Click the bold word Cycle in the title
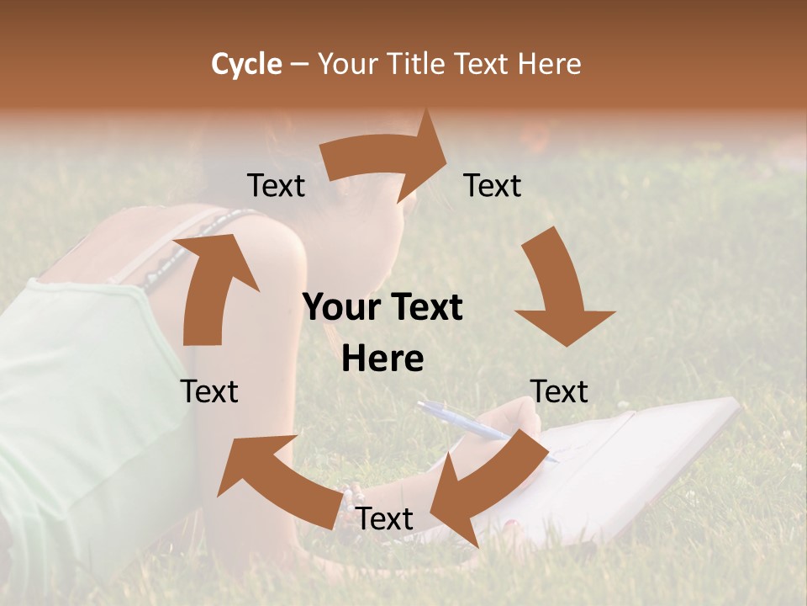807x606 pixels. pyautogui.click(x=246, y=64)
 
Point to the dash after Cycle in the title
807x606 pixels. pyautogui.click(x=299, y=65)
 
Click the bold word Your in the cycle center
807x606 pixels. pyautogui.click(x=340, y=308)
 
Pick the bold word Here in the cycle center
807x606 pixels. pyautogui.click(x=382, y=359)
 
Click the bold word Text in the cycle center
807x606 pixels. pyautogui.click(x=423, y=308)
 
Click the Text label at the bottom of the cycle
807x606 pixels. pyautogui.click(x=384, y=518)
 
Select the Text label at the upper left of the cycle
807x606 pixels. pyautogui.click(x=276, y=185)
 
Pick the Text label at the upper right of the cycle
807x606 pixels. pyautogui.click(x=493, y=185)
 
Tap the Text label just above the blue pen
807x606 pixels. pyautogui.click(x=560, y=391)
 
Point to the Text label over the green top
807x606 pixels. pyautogui.click(x=209, y=391)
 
